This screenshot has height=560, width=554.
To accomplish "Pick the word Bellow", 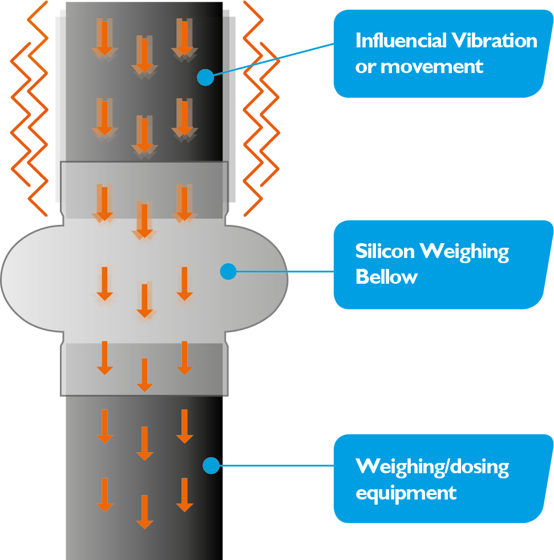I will [386, 277].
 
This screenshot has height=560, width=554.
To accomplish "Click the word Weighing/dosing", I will [432, 466].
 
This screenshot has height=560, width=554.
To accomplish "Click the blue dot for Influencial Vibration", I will [205, 77].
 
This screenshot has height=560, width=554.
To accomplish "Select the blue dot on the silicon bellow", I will [228, 271].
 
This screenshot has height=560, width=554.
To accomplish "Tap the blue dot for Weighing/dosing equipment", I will [211, 465].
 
